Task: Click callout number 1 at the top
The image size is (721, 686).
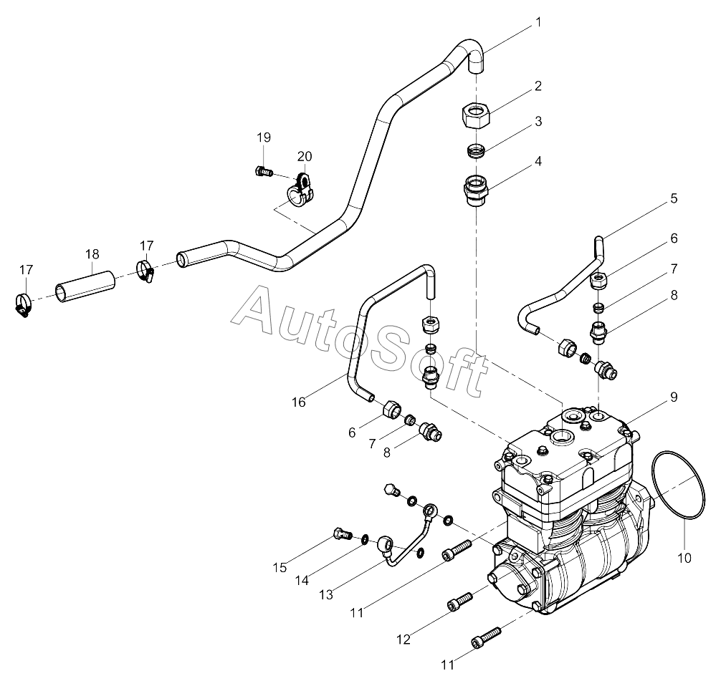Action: pos(538,23)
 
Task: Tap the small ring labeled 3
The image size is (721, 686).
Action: pos(476,151)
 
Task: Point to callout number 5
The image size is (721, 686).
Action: pos(674,198)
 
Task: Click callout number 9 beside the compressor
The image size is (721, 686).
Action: pos(674,397)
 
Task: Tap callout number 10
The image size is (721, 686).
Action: pos(684,556)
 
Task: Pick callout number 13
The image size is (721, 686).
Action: pos(326,594)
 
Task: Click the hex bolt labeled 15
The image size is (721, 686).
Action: pos(340,533)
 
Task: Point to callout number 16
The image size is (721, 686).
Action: pos(298,402)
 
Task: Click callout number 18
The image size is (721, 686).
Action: pos(92,254)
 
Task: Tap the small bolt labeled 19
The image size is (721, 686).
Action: pos(263,171)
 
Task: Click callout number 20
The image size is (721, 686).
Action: pos(305,156)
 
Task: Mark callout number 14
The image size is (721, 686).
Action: pos(302,580)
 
